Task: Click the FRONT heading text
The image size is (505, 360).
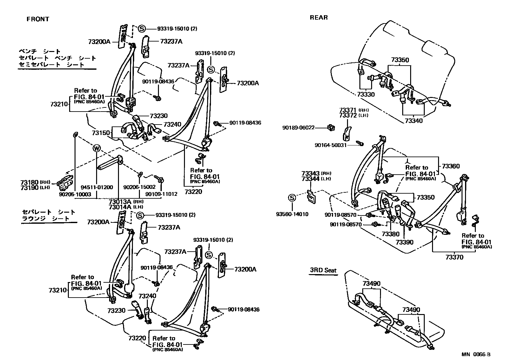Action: [38, 19]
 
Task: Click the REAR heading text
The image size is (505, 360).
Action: [318, 18]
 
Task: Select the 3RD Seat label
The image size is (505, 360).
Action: [323, 271]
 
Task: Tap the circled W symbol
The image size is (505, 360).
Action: [96, 148]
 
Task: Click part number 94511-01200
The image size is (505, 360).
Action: [97, 187]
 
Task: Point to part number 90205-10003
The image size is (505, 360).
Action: [75, 194]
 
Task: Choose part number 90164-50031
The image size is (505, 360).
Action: [331, 145]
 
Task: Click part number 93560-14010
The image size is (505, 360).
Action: [292, 214]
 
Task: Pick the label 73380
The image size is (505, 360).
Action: [390, 234]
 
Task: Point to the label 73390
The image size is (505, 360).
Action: [404, 242]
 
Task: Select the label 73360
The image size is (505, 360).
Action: [450, 166]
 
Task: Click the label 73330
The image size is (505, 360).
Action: [365, 94]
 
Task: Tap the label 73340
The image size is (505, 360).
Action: [414, 121]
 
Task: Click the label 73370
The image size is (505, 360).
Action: [454, 257]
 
